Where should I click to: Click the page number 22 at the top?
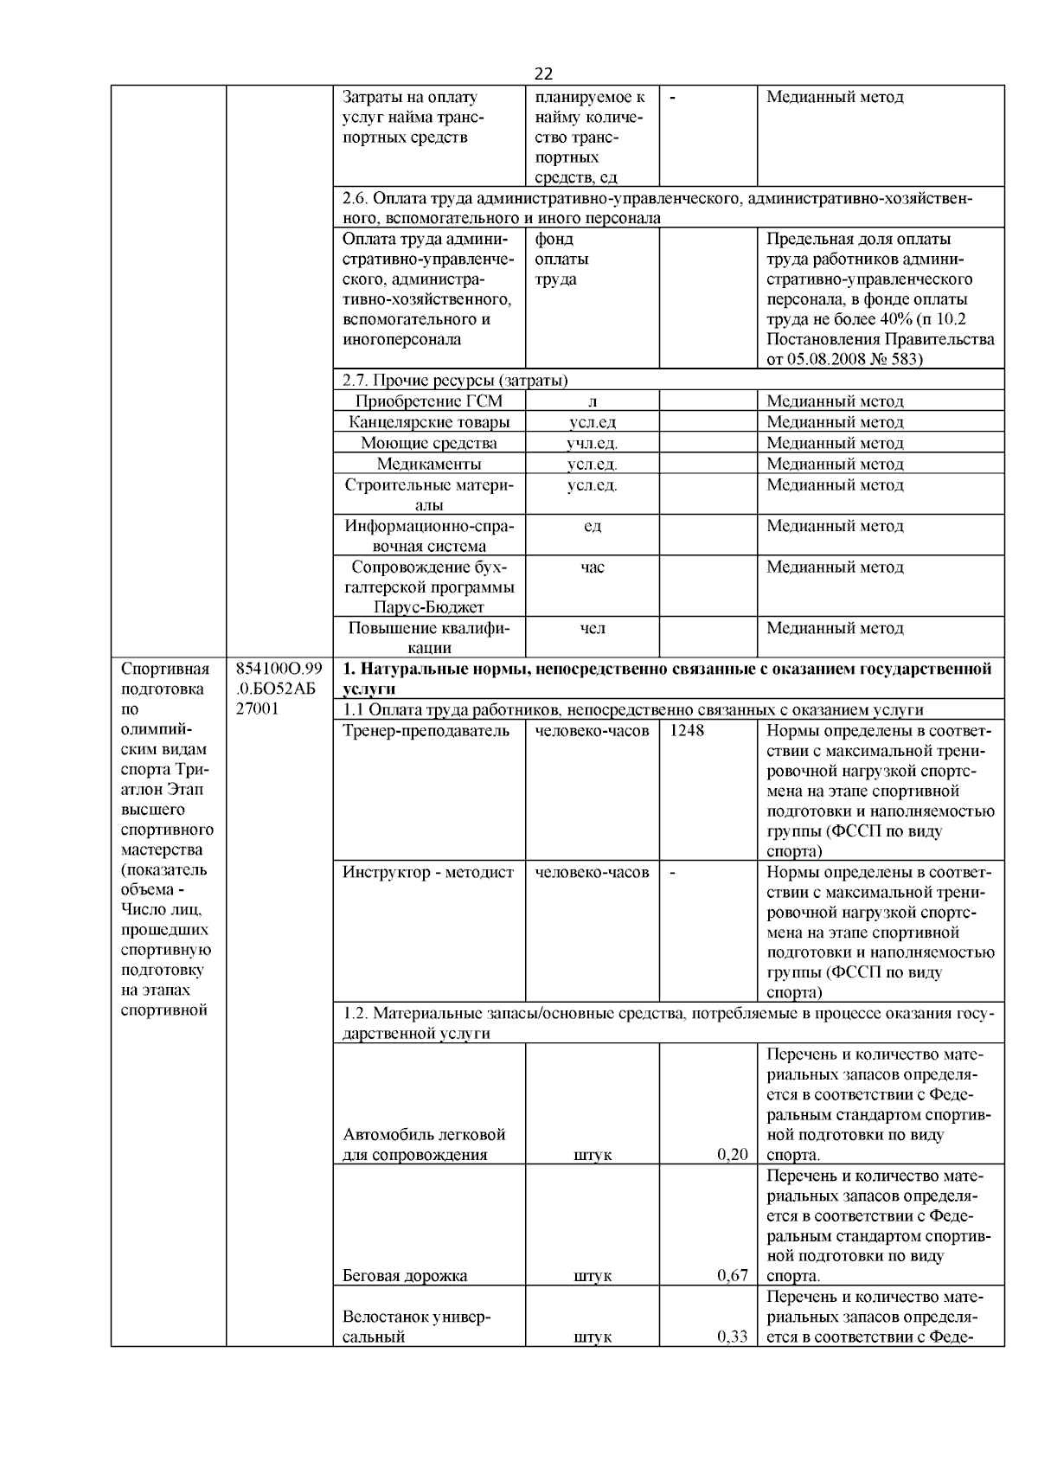click(x=543, y=74)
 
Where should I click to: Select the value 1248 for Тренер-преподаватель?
click(x=686, y=730)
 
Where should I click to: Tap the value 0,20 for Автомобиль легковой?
click(x=732, y=1154)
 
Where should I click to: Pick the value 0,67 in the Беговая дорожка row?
click(x=732, y=1275)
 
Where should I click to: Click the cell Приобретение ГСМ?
click(x=428, y=401)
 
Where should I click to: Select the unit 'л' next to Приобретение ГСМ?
click(x=592, y=401)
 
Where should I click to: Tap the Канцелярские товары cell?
click(x=429, y=422)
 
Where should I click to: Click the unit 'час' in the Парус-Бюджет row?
click(x=592, y=567)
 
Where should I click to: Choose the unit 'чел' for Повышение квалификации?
click(x=592, y=628)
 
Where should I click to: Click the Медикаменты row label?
click(x=429, y=464)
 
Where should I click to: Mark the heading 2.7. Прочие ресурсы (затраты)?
click(x=455, y=380)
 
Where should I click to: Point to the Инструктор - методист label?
click(x=428, y=872)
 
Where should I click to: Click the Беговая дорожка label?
click(x=405, y=1275)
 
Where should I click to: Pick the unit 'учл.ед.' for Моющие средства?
click(x=592, y=443)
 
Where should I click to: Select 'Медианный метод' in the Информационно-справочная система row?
click(x=835, y=526)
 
